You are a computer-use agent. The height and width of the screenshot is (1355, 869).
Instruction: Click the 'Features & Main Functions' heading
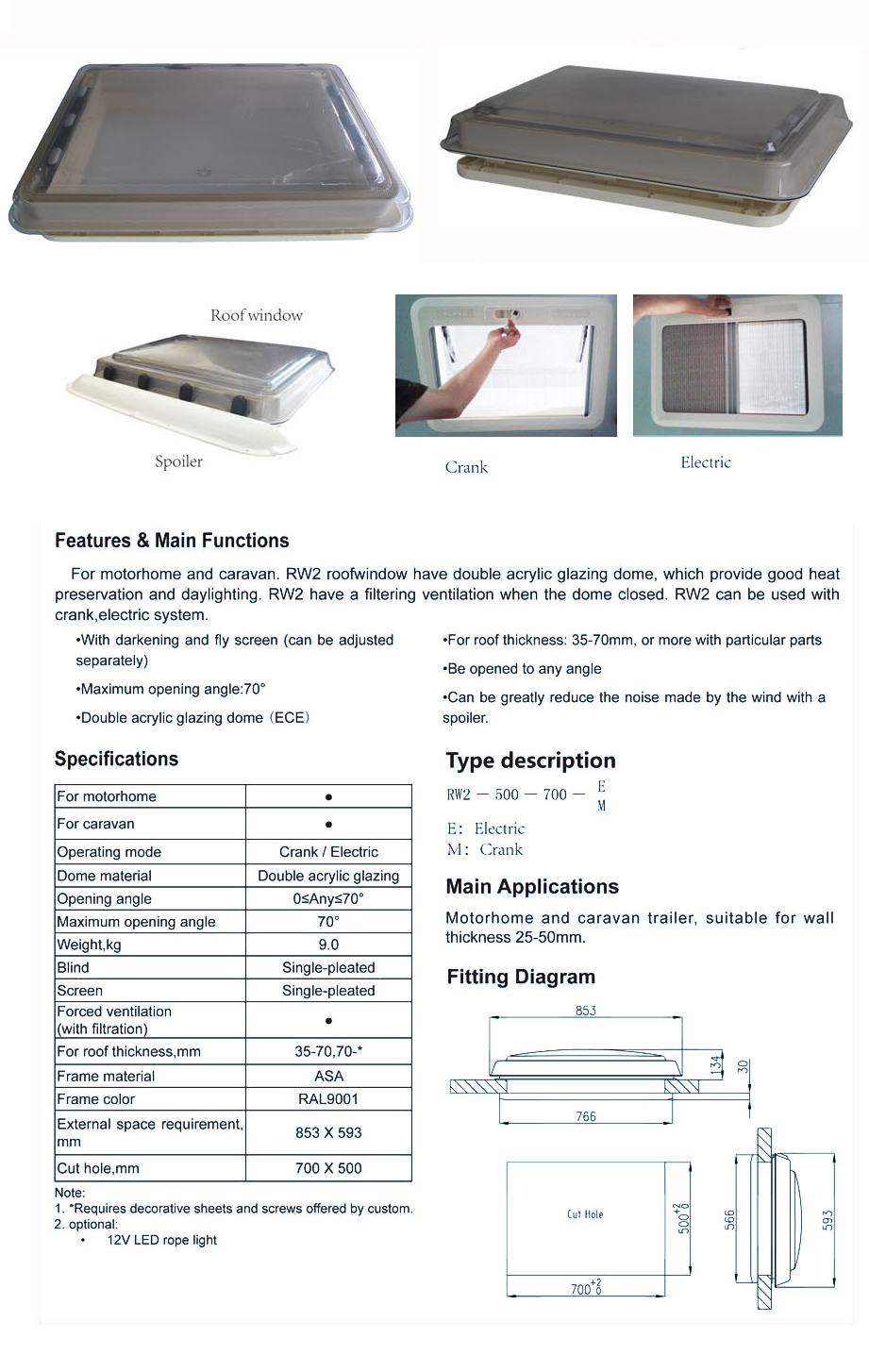point(172,541)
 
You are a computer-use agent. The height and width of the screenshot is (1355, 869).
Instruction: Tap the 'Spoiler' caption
point(178,461)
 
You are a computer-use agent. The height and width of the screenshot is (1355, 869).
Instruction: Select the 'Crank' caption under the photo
point(466,467)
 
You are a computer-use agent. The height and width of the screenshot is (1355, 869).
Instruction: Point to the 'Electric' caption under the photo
point(706,462)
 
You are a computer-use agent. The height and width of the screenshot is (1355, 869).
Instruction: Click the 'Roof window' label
point(256,315)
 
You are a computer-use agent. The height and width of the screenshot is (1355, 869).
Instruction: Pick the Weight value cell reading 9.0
point(328,945)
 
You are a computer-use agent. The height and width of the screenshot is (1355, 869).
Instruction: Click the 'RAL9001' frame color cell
point(328,1099)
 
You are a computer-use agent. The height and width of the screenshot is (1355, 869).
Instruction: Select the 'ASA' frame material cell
point(328,1076)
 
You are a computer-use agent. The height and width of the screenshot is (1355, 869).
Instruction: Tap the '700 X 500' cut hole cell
point(328,1168)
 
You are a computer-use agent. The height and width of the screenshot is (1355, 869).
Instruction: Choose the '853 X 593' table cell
point(328,1132)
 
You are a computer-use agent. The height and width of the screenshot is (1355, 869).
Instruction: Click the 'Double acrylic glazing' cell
point(328,876)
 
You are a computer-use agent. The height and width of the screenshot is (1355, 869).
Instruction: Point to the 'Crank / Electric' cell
point(328,852)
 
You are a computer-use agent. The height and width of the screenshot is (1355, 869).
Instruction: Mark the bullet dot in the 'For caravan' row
point(328,824)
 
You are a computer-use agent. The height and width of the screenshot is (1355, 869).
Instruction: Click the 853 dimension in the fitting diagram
point(586,1011)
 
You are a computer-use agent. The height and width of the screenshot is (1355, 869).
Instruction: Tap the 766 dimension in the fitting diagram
point(586,1116)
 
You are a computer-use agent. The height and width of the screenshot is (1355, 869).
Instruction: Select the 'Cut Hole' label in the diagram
point(585,1214)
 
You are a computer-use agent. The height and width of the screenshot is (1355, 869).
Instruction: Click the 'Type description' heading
point(530,761)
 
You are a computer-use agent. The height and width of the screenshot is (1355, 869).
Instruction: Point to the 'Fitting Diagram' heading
point(521,978)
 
